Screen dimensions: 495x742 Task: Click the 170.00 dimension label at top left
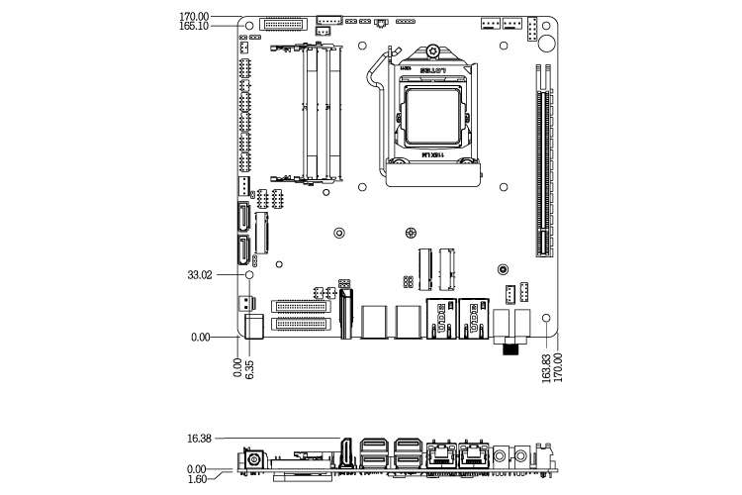point(194,17)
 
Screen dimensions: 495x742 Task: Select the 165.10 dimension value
point(194,28)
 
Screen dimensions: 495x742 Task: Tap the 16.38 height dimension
point(200,437)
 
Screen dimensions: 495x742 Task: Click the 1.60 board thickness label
point(197,478)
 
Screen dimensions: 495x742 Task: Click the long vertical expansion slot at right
point(542,158)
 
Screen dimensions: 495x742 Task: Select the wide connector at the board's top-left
point(287,23)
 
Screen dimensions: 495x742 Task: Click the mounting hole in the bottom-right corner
point(546,319)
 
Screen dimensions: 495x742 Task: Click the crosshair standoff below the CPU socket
point(411,234)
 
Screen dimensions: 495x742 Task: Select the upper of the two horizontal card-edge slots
point(302,306)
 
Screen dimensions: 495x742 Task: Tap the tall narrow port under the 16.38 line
point(348,453)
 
